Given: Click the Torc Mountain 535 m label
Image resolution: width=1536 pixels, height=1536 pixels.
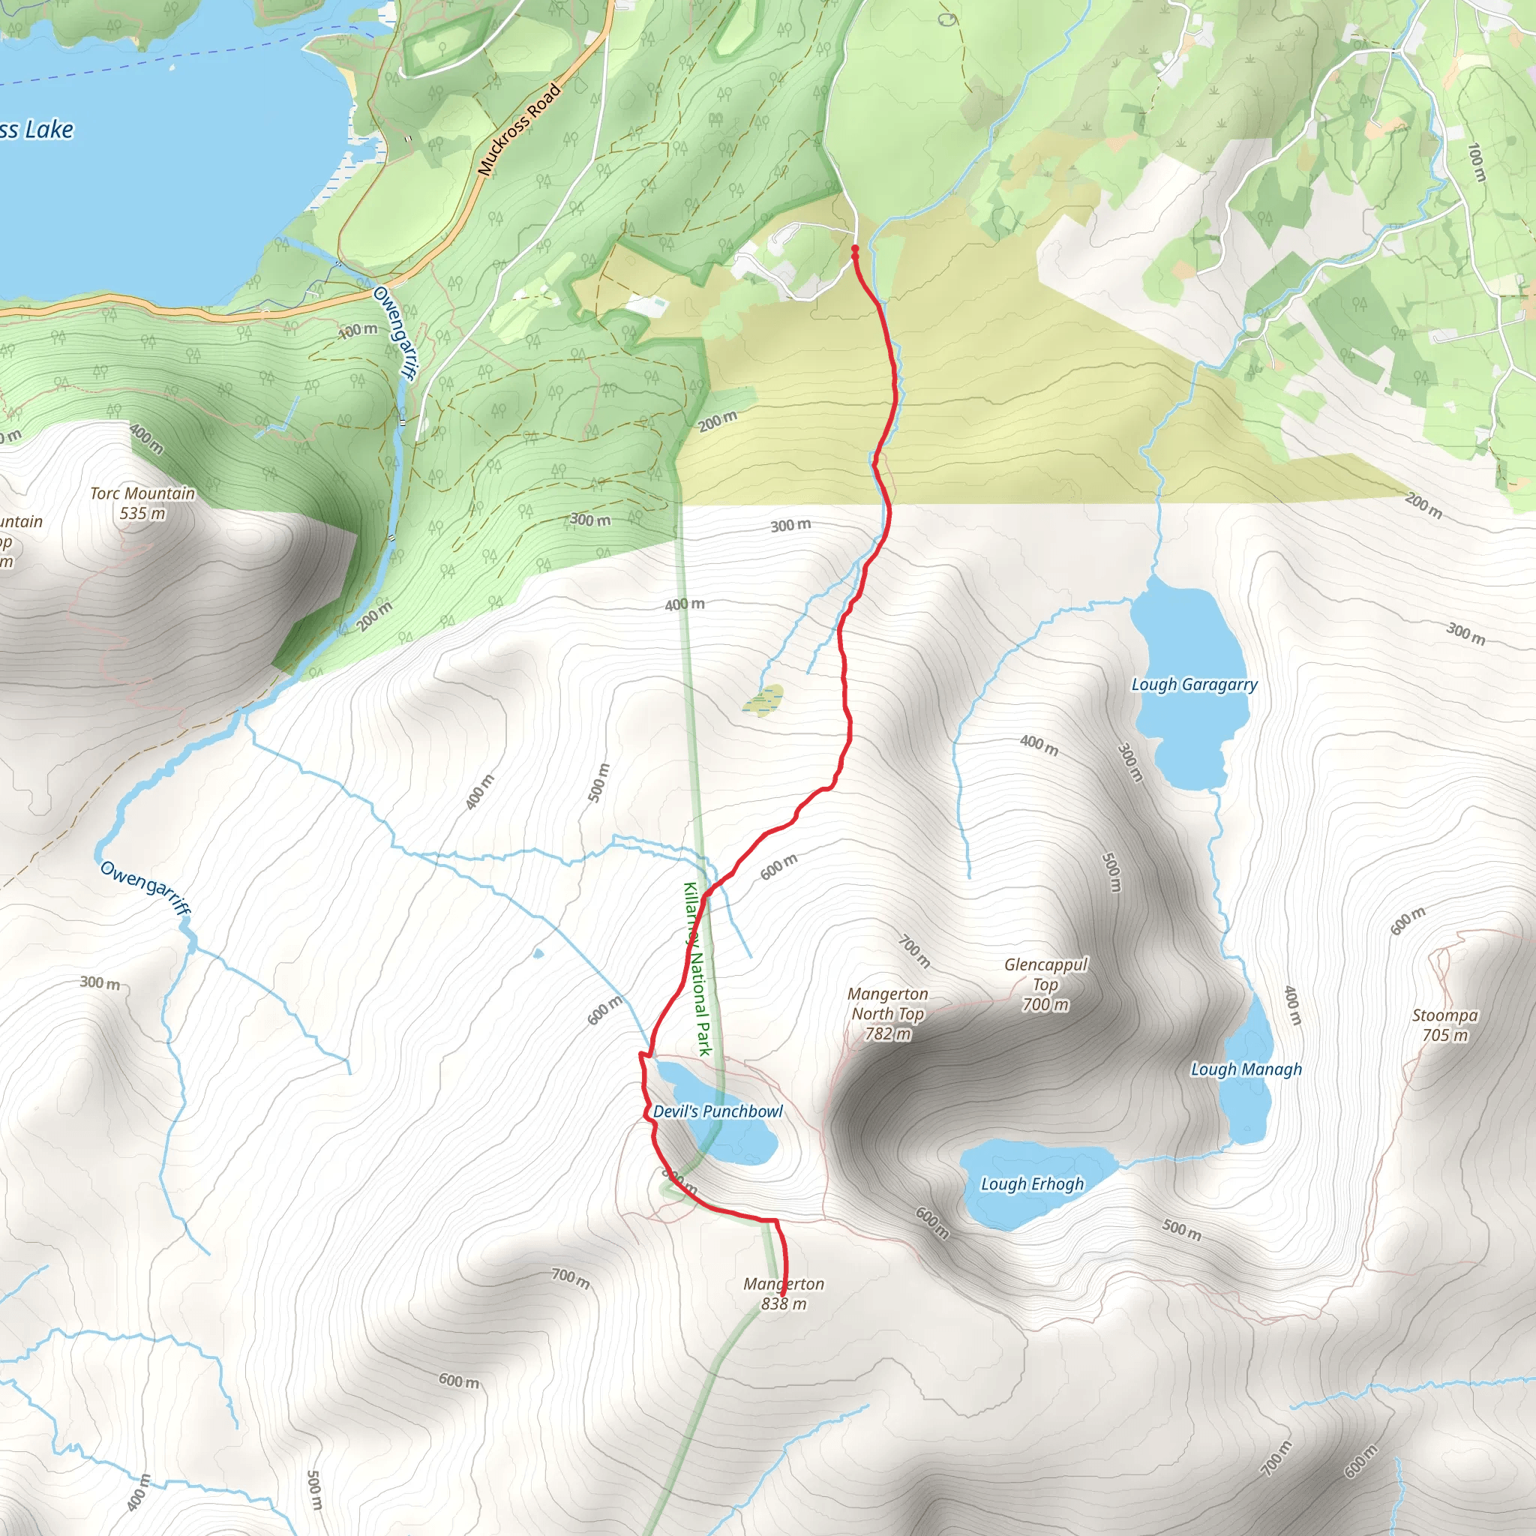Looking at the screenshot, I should tap(142, 503).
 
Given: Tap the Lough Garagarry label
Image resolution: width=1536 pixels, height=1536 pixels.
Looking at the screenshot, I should tap(1194, 685).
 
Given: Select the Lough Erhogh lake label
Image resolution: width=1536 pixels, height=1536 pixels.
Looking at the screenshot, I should tap(1032, 1183).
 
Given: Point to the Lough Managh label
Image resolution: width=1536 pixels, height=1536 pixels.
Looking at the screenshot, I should tap(1246, 1069).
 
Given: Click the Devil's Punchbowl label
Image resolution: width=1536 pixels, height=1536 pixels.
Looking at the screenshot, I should tap(718, 1111).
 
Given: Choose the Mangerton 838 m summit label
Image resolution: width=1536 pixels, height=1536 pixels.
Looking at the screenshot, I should tap(783, 1294).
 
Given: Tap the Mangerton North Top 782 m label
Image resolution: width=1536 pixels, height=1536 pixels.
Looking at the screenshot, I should tap(887, 1014).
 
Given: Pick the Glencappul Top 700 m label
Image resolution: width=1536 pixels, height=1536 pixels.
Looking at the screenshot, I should tap(1045, 984).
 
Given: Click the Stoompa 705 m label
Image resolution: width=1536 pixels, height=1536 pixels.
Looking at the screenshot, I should tap(1444, 1024).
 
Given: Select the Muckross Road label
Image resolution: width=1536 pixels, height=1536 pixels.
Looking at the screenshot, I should tap(519, 130).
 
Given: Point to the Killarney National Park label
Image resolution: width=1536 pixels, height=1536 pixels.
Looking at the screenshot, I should tap(697, 969).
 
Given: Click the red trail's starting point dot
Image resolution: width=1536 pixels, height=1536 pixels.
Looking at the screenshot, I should tap(855, 249).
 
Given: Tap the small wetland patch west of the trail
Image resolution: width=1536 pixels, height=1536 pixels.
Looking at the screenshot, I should tap(763, 700).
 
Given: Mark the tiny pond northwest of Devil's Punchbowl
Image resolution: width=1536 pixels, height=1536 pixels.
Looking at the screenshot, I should tap(538, 953).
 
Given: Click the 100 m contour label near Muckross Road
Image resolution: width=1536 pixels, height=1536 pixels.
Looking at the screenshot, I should tap(358, 330).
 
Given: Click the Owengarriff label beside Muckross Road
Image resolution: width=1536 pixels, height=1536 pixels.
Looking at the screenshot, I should tap(394, 333).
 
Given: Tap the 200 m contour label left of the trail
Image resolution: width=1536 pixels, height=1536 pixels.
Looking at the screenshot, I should tap(717, 421).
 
